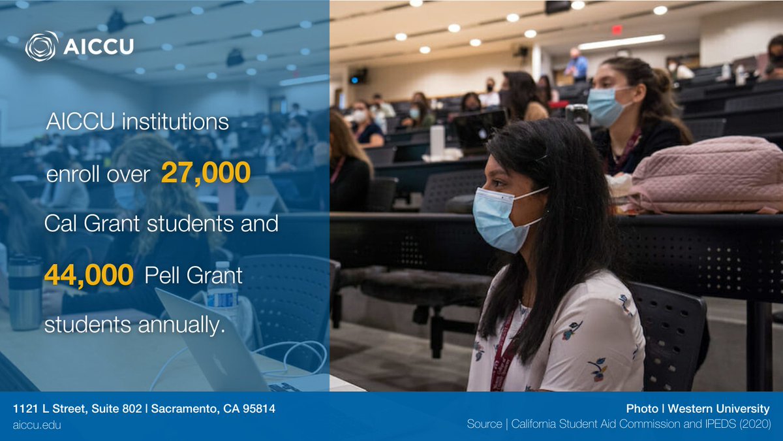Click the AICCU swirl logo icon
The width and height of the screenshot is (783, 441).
tap(41, 46)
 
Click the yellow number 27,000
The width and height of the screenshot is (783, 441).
tap(206, 172)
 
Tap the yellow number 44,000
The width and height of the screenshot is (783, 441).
tap(89, 275)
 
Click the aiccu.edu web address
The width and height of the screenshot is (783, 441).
tap(37, 425)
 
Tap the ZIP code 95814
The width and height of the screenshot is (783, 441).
tap(256, 409)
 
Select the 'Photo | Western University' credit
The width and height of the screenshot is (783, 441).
tap(698, 409)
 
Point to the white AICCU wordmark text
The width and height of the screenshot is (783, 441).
tap(99, 46)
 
